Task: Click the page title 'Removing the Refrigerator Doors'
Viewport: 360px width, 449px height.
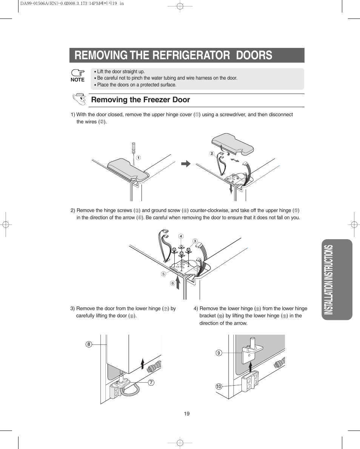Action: coord(173,55)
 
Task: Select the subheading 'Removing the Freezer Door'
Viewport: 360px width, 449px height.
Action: coord(140,100)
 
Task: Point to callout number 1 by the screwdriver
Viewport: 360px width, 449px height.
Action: coord(138,158)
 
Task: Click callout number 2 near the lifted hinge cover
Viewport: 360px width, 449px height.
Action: coord(212,153)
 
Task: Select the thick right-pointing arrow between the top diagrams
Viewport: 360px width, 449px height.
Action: coord(186,164)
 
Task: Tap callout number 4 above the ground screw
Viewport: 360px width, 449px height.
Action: coord(181,236)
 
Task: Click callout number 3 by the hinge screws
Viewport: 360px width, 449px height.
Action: coord(195,241)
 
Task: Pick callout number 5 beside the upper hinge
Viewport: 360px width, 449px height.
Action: coord(163,274)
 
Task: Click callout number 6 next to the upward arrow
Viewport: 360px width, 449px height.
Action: coord(172,283)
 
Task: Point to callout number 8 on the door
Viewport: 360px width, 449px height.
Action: coord(89,344)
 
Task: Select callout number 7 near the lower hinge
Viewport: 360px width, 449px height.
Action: coord(151,383)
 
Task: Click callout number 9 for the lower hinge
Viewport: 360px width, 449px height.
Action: coord(218,353)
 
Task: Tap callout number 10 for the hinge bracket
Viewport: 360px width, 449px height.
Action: coord(218,386)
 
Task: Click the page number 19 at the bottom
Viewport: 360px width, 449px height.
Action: coord(187,414)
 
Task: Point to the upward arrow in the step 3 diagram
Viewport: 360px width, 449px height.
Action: coord(142,363)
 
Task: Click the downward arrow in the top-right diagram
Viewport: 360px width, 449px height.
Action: coord(231,188)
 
